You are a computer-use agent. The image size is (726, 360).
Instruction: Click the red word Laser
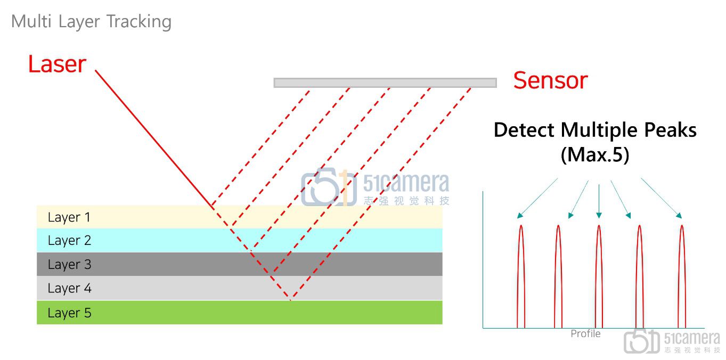click(x=57, y=64)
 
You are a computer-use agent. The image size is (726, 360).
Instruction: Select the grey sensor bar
click(x=385, y=83)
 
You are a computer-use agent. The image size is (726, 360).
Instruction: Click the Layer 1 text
click(x=69, y=217)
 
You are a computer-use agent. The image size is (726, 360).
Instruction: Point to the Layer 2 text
click(x=69, y=241)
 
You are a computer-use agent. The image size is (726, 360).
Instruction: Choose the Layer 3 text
click(x=69, y=265)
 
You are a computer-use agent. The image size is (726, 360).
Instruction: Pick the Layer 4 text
click(x=69, y=289)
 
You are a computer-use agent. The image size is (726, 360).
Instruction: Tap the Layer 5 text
click(x=69, y=313)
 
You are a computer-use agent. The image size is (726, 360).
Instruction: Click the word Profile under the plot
click(x=585, y=334)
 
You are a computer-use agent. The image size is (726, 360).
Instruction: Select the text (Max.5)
click(x=595, y=154)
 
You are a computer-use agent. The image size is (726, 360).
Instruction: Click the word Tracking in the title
click(x=138, y=22)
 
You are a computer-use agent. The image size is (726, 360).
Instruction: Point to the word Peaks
click(x=670, y=130)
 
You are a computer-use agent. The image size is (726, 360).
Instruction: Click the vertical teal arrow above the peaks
click(x=599, y=201)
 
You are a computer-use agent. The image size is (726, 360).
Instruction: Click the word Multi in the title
click(x=31, y=21)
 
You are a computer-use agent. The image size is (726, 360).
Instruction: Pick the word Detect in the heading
click(x=524, y=130)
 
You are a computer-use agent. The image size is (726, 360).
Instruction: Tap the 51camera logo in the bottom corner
click(x=672, y=341)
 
